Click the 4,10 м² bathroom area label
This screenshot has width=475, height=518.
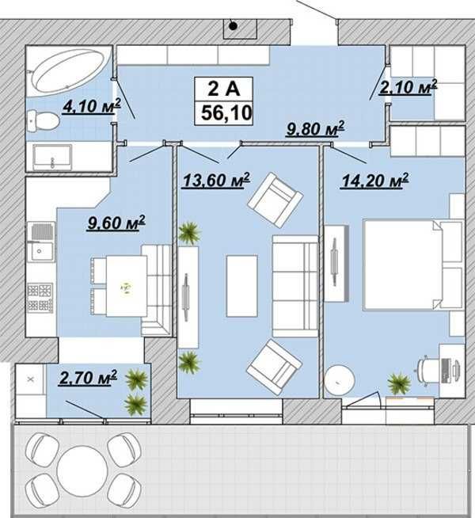91,107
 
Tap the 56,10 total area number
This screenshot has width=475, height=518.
226,112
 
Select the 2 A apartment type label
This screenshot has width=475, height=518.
224,89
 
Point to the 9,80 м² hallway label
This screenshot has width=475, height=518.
315,128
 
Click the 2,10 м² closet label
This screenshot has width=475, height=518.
408,87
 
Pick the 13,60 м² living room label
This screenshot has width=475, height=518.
217,180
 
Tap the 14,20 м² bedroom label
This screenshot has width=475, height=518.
375,181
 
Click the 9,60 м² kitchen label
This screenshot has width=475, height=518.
116,223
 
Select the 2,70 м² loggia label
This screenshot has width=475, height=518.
88,377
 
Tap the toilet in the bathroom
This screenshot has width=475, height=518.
43,120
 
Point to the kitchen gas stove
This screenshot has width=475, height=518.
40,299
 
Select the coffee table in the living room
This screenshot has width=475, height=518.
241,286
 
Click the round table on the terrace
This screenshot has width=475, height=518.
82,471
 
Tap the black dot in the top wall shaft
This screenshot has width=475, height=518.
234,26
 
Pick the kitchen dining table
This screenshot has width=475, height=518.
127,287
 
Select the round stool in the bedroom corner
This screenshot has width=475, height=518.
339,380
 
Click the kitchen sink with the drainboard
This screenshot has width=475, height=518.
41,241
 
